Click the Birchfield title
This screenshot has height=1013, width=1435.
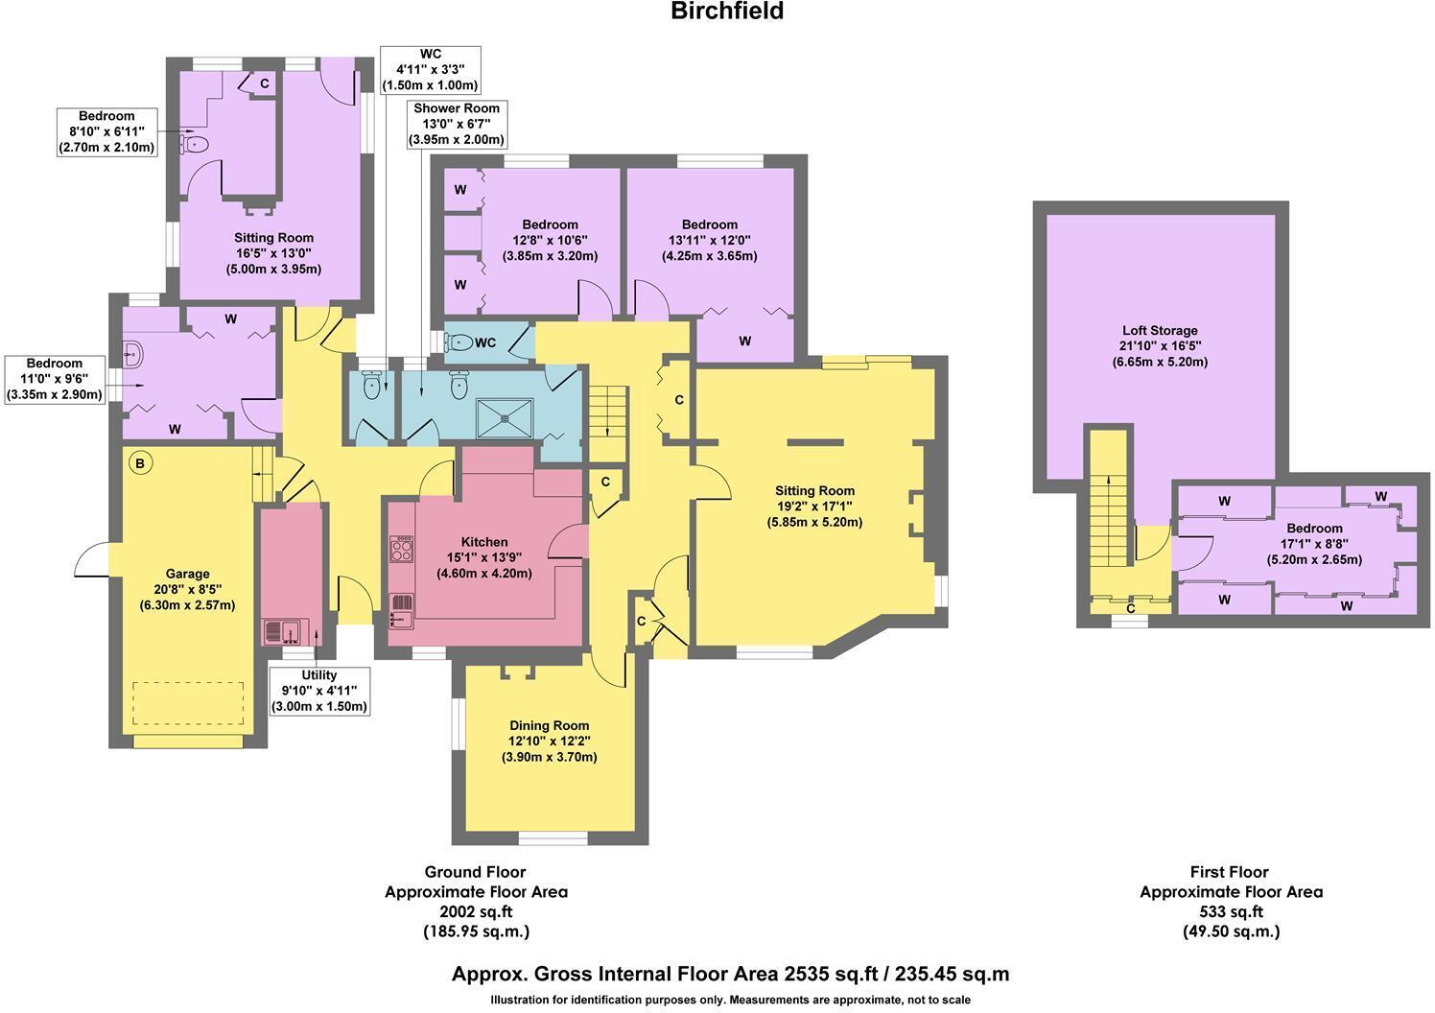click(x=727, y=11)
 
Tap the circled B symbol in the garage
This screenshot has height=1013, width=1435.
click(x=140, y=463)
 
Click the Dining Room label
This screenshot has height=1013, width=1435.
click(x=549, y=742)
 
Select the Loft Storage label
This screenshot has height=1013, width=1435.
click(x=1160, y=346)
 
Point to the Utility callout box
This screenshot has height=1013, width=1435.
click(x=319, y=691)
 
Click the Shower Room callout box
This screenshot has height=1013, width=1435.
click(x=457, y=125)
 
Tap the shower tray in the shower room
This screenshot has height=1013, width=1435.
click(x=505, y=418)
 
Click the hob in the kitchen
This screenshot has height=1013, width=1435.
click(x=402, y=549)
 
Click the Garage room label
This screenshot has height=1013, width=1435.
click(x=187, y=589)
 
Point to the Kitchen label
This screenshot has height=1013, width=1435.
click(x=484, y=557)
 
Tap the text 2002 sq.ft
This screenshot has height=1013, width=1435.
click(x=476, y=911)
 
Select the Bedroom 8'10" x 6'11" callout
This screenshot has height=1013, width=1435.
click(x=107, y=132)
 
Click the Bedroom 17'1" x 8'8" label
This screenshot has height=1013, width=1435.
click(x=1314, y=543)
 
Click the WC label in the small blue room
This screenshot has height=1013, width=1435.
click(x=485, y=342)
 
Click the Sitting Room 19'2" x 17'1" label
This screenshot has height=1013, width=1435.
click(x=815, y=506)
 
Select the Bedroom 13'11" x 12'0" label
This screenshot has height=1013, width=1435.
click(x=709, y=240)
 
